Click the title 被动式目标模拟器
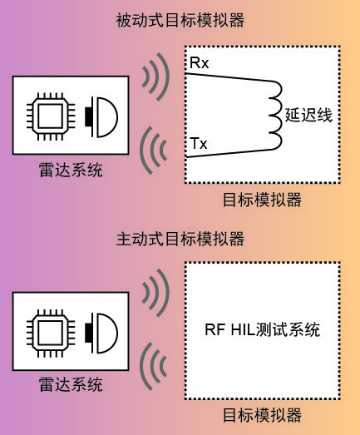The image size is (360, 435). (180, 20)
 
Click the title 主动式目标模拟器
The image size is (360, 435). (180, 239)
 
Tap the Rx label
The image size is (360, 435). (199, 63)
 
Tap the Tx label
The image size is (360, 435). (199, 144)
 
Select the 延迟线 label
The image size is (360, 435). (308, 115)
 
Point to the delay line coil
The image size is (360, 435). (279, 116)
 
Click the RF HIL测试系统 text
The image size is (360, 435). (262, 330)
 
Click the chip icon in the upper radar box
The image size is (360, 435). (51, 116)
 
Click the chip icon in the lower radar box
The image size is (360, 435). (51, 333)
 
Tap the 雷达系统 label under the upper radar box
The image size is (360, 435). (71, 170)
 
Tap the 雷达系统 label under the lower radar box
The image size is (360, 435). (71, 384)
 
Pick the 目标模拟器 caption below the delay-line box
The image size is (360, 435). (262, 200)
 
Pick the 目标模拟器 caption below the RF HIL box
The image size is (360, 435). (262, 415)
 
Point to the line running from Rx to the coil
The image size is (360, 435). (229, 77)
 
